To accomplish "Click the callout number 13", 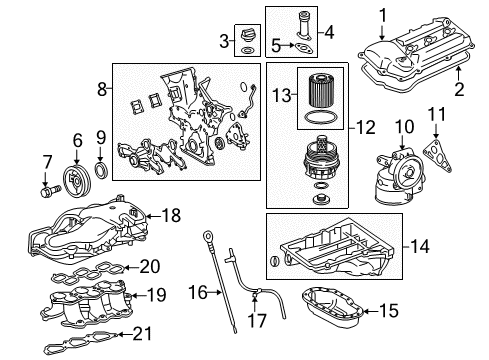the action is [282, 95].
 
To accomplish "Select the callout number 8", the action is [102, 89].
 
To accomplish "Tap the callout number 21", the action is [142, 334].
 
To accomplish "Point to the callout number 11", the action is [437, 114].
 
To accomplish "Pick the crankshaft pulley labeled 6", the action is [76, 181].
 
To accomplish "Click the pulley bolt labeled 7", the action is [51, 191].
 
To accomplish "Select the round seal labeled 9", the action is [102, 170].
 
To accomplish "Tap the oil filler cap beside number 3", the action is [247, 35].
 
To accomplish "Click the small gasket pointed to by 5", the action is [304, 48].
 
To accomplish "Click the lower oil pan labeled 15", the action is [332, 307].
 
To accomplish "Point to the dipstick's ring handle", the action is [207, 237].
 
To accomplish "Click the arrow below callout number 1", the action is [382, 33].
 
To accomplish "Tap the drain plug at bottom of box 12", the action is [321, 199].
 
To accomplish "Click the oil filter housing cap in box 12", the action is [319, 157].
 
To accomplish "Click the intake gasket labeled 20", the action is [88, 272].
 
